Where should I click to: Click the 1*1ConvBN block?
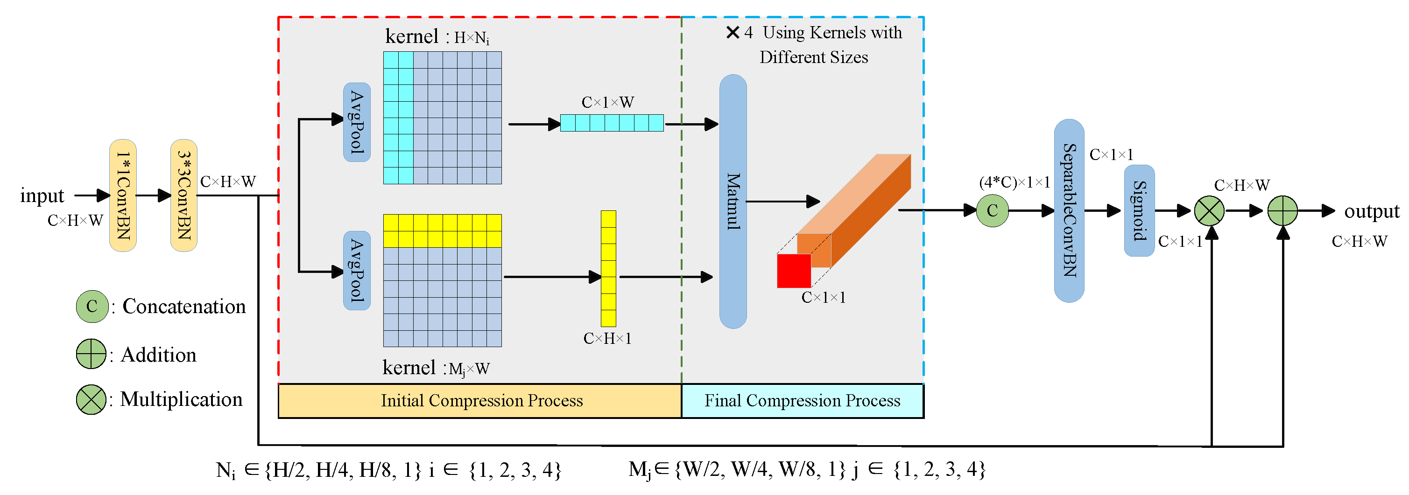click(123, 195)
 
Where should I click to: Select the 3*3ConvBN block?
click(184, 195)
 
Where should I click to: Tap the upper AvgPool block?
click(357, 122)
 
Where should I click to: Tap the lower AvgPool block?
click(357, 271)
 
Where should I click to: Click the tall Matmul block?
click(733, 201)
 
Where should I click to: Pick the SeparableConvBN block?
click(1069, 210)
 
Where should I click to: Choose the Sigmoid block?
click(1139, 210)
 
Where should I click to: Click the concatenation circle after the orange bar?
click(992, 210)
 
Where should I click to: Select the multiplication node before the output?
click(1209, 210)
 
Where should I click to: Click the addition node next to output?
click(1282, 210)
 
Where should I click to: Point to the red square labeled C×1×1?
click(794, 271)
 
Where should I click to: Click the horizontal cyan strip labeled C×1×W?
click(612, 123)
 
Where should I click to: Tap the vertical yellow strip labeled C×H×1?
click(608, 268)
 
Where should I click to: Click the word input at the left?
click(42, 195)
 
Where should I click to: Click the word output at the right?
click(1371, 211)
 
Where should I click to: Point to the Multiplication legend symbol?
click(91, 399)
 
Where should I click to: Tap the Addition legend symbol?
click(91, 354)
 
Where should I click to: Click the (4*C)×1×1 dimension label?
click(1014, 182)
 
